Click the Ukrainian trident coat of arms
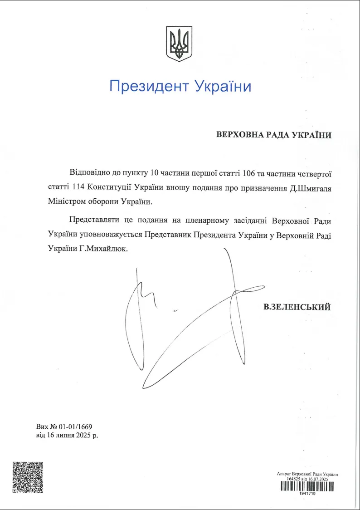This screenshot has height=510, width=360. point(180,44)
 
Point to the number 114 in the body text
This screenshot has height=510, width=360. point(77,187)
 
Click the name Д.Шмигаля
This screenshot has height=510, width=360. point(311,187)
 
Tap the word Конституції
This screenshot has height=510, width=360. point(115,187)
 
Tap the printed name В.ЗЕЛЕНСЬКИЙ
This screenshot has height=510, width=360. point(297,307)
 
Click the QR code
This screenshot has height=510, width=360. point(28,477)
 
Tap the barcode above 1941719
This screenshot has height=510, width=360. point(307,486)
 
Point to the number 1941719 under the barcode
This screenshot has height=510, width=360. point(307,494)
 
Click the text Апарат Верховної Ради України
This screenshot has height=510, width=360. point(307,474)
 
